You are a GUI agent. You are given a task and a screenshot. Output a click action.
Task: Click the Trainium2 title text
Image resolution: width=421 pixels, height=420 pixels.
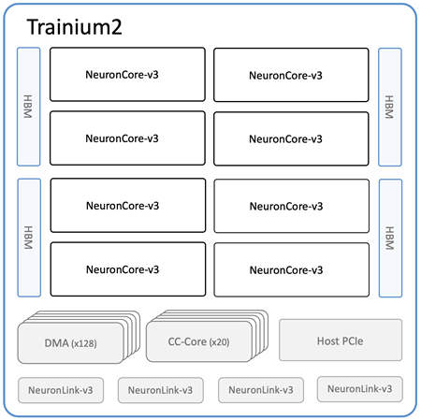pyautogui.click(x=74, y=27)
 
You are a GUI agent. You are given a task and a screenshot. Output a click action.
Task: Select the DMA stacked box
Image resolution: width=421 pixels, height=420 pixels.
pyautogui.click(x=79, y=337)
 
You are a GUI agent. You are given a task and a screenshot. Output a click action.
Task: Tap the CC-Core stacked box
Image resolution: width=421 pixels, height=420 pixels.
pyautogui.click(x=207, y=336)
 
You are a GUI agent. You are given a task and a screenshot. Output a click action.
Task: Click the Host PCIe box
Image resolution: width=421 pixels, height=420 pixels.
pyautogui.click(x=341, y=340)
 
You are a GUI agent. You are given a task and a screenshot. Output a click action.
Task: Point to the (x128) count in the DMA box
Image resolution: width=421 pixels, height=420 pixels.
pyautogui.click(x=84, y=343)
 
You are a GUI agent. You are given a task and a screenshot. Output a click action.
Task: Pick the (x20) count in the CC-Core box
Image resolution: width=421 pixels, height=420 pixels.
pyautogui.click(x=219, y=342)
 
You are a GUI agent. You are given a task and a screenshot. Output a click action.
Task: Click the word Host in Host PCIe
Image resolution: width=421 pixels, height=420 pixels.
pyautogui.click(x=327, y=341)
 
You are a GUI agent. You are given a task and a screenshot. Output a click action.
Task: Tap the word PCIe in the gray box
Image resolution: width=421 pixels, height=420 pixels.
pyautogui.click(x=352, y=341)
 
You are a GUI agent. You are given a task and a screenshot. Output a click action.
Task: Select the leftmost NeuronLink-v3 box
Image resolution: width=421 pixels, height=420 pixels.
pyautogui.click(x=61, y=390)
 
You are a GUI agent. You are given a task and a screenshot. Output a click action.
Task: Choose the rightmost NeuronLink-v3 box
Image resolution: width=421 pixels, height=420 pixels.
pyautogui.click(x=360, y=389)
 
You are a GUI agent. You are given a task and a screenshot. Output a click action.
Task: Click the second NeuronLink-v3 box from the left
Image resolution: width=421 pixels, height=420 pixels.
pyautogui.click(x=161, y=390)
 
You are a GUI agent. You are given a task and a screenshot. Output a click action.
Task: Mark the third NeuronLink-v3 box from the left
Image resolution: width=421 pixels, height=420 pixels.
pyautogui.click(x=261, y=390)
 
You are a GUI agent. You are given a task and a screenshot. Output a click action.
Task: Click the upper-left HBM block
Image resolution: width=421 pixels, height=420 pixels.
pyautogui.click(x=29, y=107)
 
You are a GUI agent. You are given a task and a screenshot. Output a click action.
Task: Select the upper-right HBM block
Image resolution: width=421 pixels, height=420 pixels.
pyautogui.click(x=390, y=107)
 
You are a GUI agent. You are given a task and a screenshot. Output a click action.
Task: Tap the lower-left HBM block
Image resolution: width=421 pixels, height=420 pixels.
pyautogui.click(x=29, y=238)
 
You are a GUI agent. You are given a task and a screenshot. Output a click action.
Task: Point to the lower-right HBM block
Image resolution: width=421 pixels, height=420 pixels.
pyautogui.click(x=390, y=239)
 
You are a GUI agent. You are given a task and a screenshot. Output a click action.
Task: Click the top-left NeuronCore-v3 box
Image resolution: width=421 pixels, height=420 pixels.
pyautogui.click(x=127, y=75)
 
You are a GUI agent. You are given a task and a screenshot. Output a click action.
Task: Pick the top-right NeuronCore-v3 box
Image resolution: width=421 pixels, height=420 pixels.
pyautogui.click(x=291, y=75)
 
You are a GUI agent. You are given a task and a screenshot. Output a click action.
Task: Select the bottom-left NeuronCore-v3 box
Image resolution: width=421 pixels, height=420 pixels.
pyautogui.click(x=128, y=269)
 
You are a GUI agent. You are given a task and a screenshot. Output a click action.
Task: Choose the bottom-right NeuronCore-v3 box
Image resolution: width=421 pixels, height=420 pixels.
pyautogui.click(x=292, y=269)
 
